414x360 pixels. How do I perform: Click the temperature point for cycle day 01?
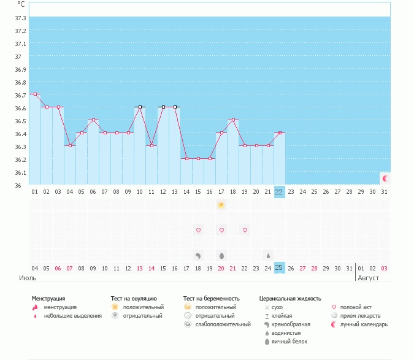(x=35, y=94)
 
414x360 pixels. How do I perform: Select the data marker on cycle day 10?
(x=140, y=107)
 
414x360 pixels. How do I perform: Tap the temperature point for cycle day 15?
(x=198, y=159)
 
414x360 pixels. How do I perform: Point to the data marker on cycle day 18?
(x=233, y=120)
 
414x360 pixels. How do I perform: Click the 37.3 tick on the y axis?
(x=20, y=31)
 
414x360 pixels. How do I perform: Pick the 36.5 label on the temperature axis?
(x=20, y=121)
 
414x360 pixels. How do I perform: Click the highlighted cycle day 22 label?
(x=279, y=191)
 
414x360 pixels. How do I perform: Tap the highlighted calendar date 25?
(x=279, y=268)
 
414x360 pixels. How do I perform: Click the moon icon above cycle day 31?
(x=385, y=178)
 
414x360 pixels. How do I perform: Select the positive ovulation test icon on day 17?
(x=221, y=205)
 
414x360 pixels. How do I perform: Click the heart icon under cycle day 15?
(x=198, y=231)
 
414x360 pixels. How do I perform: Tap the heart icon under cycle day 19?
(x=245, y=231)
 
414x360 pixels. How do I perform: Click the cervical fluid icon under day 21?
(x=268, y=255)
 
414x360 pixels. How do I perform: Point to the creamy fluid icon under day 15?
(x=198, y=255)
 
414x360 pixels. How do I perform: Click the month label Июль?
(x=27, y=278)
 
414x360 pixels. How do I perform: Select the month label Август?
(x=369, y=278)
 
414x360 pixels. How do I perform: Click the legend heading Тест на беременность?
(x=211, y=299)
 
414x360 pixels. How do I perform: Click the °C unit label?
(x=21, y=4)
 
